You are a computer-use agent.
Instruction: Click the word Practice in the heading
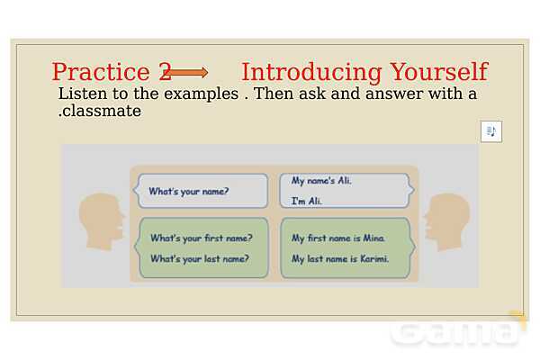[x=101, y=72]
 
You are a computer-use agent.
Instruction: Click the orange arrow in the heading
[x=186, y=72]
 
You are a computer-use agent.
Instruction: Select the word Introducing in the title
[x=311, y=73]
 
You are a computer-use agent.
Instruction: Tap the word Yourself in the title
[x=439, y=72]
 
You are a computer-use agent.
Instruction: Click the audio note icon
[x=491, y=131]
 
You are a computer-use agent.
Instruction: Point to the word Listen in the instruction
[x=83, y=94]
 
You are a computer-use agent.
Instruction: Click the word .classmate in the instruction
[x=100, y=111]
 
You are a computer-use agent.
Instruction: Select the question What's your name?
[x=189, y=191]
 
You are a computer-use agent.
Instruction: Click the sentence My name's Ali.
[x=321, y=180]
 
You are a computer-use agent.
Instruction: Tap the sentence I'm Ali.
[x=307, y=201]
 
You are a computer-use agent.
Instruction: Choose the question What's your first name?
[x=202, y=238]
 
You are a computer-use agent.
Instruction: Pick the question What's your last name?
[x=200, y=258]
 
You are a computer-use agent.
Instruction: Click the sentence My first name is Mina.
[x=338, y=238]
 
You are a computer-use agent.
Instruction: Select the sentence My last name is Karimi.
[x=340, y=258]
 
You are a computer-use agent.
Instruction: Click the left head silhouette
[x=101, y=221]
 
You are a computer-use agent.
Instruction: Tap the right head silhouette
[x=447, y=222]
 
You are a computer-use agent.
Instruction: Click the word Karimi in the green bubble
[x=374, y=258]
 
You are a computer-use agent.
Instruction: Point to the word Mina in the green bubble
[x=374, y=238]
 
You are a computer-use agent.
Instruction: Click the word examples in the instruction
[x=201, y=94]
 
